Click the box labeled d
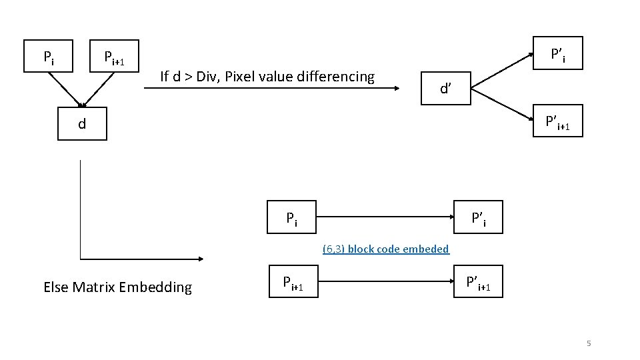tap(82, 123)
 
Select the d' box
tap(445, 88)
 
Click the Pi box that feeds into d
tap(49, 56)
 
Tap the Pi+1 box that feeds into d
tap(114, 56)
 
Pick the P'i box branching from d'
tap(558, 53)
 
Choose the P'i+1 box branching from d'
tap(558, 121)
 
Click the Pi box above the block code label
tap(292, 217)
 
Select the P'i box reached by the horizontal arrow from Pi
tap(479, 217)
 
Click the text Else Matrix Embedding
tap(117, 287)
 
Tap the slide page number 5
tap(589, 343)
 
